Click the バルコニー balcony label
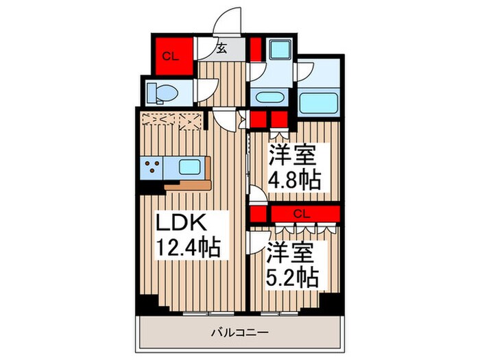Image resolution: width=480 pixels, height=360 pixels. click(239, 332)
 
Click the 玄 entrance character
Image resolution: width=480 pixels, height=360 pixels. click(222, 48)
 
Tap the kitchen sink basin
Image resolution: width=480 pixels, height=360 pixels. click(188, 166)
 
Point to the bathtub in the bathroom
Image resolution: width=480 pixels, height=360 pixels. click(320, 103)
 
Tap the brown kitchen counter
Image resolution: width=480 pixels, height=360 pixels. click(188, 184)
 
